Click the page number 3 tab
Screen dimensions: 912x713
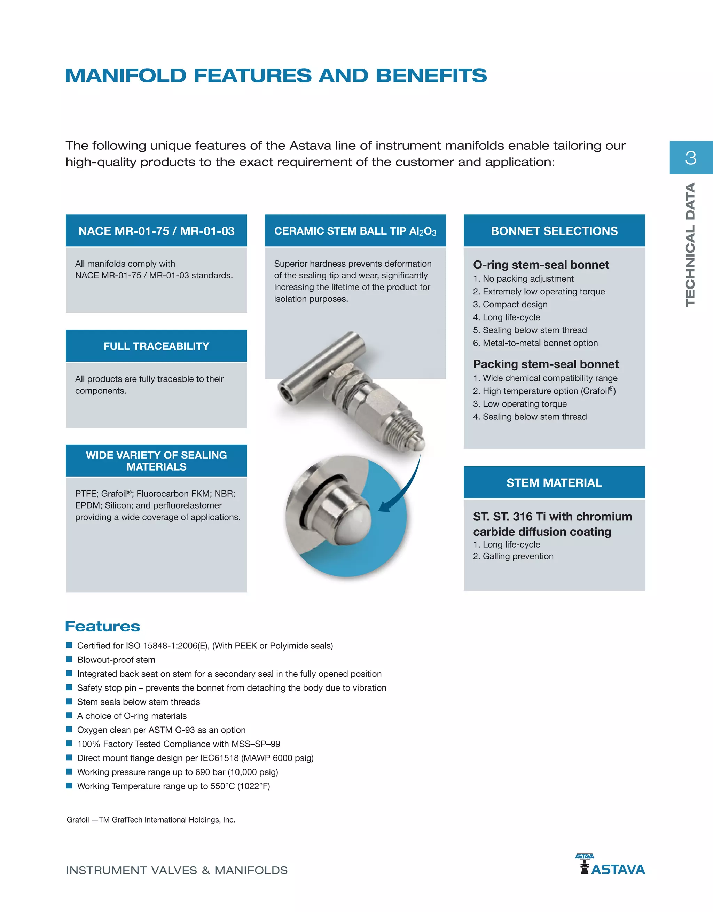click(x=690, y=157)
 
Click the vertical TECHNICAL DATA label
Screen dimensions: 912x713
click(x=690, y=245)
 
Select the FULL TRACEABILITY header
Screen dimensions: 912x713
click(x=156, y=346)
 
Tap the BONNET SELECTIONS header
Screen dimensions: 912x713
click(x=554, y=231)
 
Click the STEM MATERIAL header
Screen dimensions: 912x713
click(x=554, y=483)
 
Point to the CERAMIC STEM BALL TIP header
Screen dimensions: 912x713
click(x=355, y=231)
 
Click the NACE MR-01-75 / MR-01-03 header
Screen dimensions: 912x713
click(x=156, y=231)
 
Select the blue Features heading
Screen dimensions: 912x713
click(x=103, y=626)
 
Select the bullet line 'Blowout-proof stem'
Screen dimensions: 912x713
click(x=116, y=660)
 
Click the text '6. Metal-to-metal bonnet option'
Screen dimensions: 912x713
click(x=535, y=343)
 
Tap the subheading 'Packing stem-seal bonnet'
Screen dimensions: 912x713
click(x=546, y=364)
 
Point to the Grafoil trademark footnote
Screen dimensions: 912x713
click(x=151, y=820)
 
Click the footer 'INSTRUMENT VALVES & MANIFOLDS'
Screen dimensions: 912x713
click(x=177, y=870)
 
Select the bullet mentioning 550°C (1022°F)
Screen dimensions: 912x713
click(x=173, y=786)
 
